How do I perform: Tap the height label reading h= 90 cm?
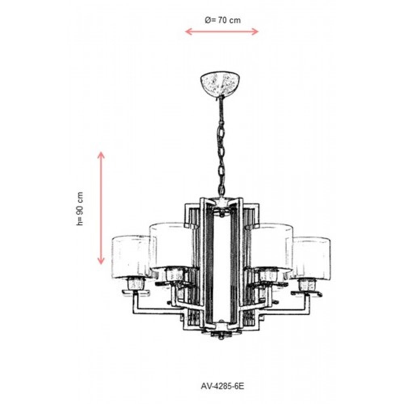(x=80, y=209)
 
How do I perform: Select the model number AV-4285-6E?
(x=222, y=386)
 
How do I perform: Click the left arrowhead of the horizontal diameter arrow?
(x=189, y=32)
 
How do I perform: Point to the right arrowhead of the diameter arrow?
(x=255, y=32)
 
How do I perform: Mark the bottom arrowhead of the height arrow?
(x=101, y=261)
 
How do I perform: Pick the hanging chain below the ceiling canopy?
(x=221, y=145)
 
